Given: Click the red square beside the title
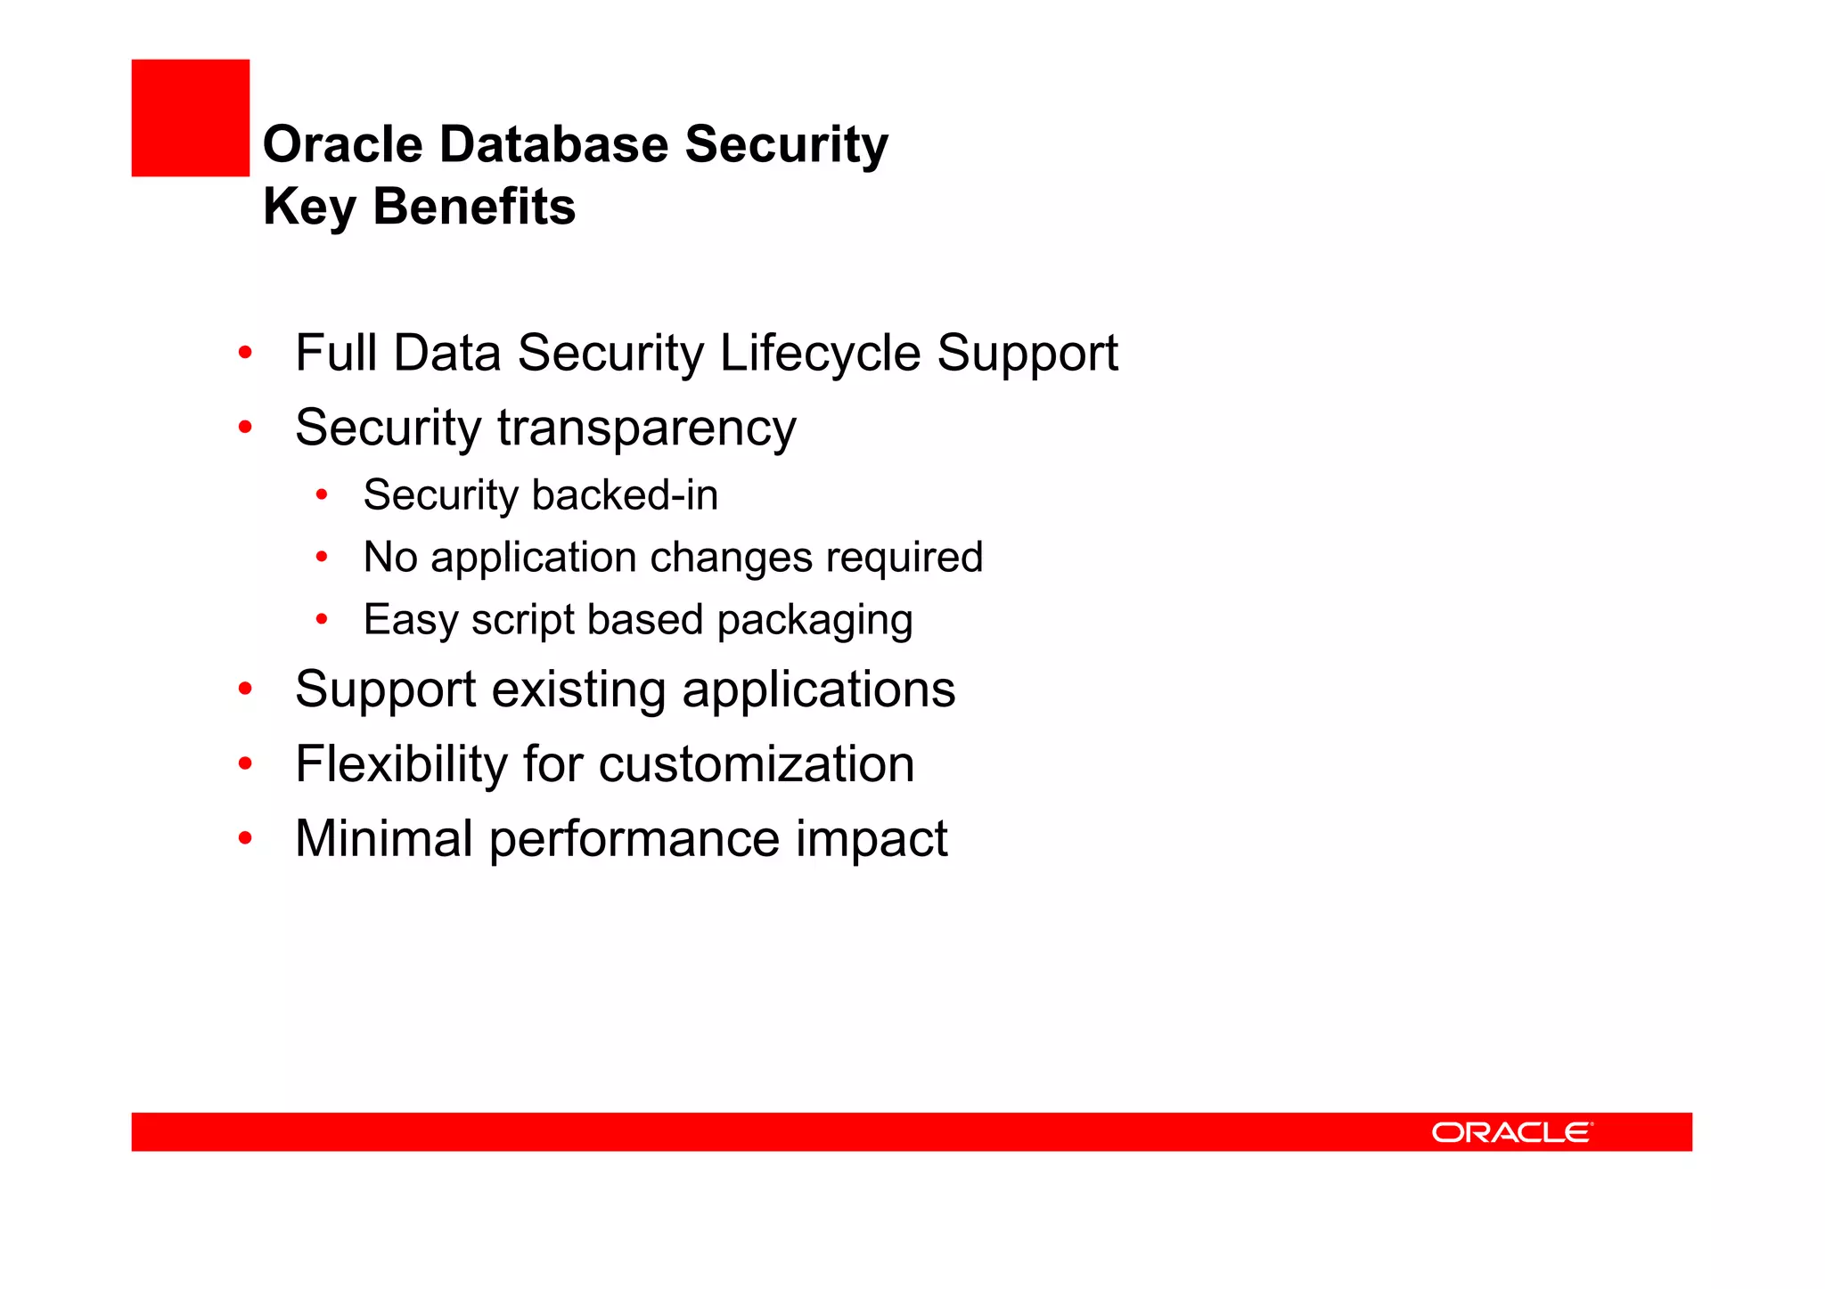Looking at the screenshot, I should pos(190,118).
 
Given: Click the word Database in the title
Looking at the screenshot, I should pos(553,144).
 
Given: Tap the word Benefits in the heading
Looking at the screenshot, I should pos(474,207).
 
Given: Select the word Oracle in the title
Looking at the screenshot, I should pos(342,144).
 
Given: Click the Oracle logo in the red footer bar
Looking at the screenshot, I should pos(1511,1132).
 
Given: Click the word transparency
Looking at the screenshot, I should pos(646,428).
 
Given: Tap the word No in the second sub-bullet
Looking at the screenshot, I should pos(390,558).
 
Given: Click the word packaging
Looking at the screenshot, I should pos(814,621).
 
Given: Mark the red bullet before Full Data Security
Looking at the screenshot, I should pos(245,353).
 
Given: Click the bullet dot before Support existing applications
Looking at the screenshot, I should pos(245,689).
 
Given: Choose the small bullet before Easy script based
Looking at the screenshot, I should pos(322,619).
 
